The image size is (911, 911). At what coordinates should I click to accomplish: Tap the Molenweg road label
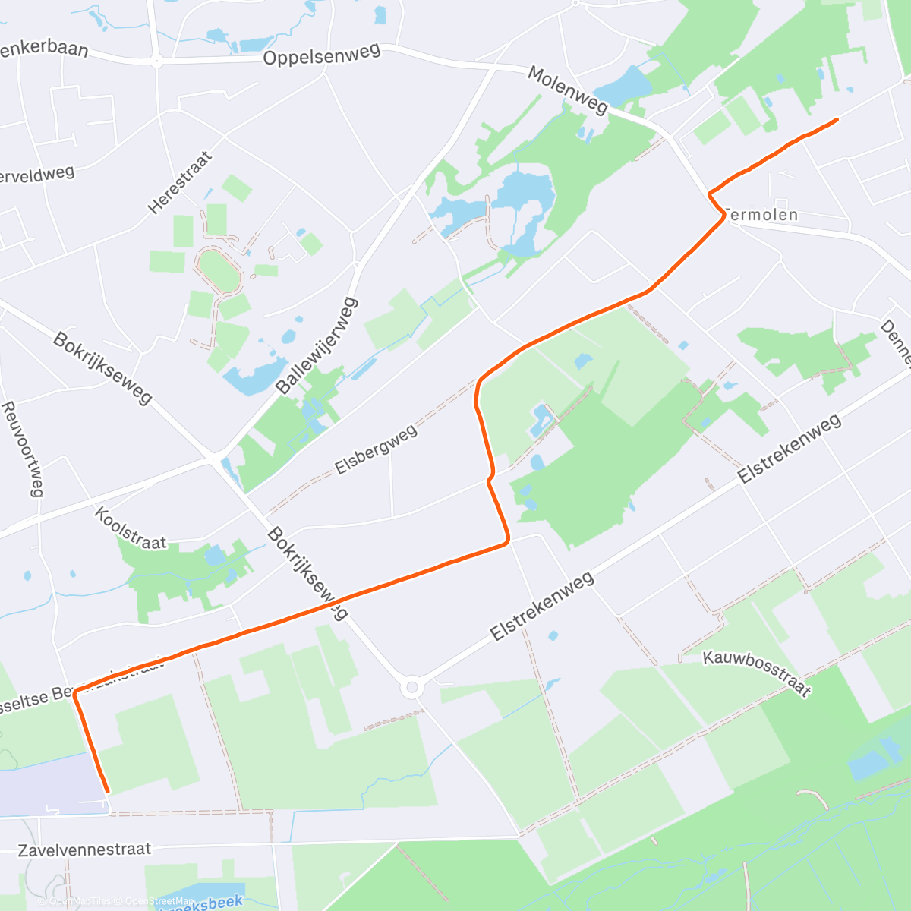(x=568, y=90)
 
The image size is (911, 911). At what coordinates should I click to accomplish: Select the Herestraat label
(x=181, y=183)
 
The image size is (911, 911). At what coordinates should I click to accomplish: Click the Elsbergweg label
(x=376, y=449)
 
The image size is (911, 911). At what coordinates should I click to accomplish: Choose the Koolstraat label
(x=130, y=528)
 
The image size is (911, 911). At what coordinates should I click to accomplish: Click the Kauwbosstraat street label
(x=757, y=673)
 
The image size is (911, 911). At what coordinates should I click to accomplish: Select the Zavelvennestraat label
(x=84, y=850)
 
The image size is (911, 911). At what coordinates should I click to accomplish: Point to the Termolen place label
(x=761, y=215)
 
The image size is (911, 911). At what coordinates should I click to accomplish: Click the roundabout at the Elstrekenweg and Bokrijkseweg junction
(x=411, y=689)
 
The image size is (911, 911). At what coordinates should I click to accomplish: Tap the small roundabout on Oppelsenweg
(x=156, y=61)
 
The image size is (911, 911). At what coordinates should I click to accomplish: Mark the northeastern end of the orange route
(x=837, y=119)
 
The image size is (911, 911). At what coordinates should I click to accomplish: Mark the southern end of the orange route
(x=107, y=791)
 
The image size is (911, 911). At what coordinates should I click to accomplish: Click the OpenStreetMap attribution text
(x=159, y=901)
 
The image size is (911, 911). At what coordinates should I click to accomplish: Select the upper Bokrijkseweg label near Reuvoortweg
(x=102, y=367)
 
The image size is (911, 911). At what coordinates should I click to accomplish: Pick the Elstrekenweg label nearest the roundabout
(x=542, y=606)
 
